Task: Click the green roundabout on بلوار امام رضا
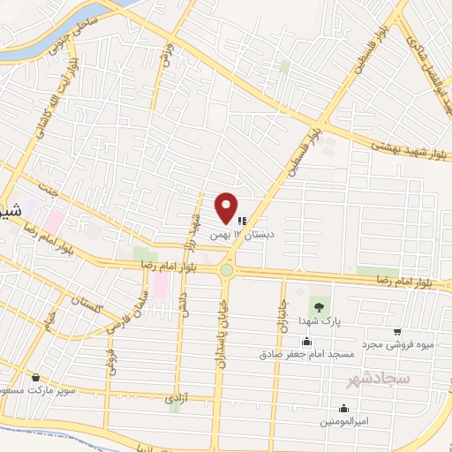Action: tap(227, 270)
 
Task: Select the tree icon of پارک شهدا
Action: tap(316, 305)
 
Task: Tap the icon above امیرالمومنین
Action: tap(343, 408)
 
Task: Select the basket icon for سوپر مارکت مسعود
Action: tap(35, 377)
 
